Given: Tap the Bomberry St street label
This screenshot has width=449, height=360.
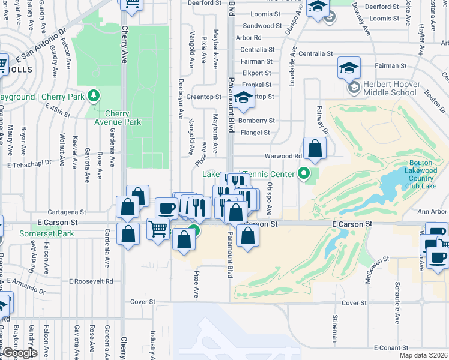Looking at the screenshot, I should click(256, 121).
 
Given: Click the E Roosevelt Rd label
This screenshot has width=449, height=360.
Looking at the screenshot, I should click(91, 281).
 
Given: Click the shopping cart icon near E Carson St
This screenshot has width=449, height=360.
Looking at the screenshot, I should click(158, 229).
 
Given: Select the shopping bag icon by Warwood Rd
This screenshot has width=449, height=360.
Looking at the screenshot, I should click(315, 148).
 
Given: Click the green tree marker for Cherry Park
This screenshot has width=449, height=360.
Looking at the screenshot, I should click(93, 96).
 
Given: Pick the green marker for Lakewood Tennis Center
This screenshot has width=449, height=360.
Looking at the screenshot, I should click(304, 174).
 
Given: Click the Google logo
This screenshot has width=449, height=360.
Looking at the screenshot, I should click(20, 353).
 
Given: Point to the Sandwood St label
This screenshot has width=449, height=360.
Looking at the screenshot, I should click(262, 26).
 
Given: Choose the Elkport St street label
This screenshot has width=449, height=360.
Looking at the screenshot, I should click(257, 73).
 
